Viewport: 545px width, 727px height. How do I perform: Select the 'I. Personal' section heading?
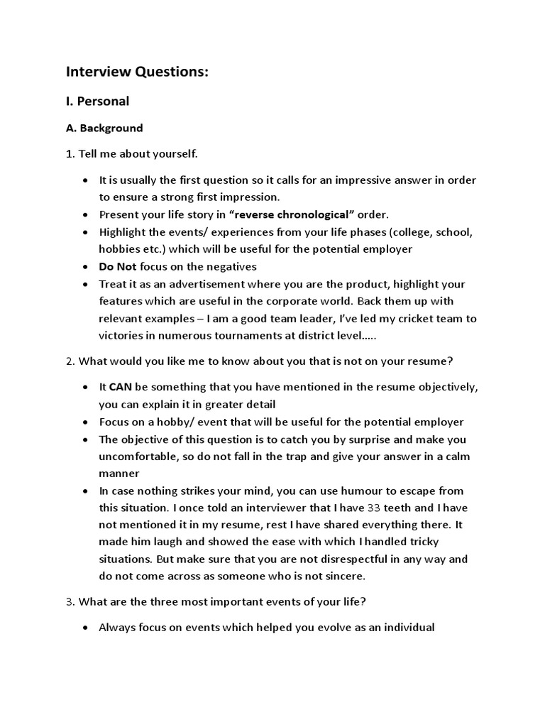[x=98, y=101]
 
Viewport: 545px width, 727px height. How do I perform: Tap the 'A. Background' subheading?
[x=104, y=129]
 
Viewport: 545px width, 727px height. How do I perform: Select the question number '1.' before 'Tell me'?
[x=70, y=153]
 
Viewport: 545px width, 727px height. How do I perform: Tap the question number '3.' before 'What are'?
[x=70, y=602]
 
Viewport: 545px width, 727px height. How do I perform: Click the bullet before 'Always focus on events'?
[x=85, y=628]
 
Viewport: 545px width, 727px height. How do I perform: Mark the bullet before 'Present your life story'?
[x=85, y=214]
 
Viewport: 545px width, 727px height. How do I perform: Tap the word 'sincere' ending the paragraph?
[x=343, y=576]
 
